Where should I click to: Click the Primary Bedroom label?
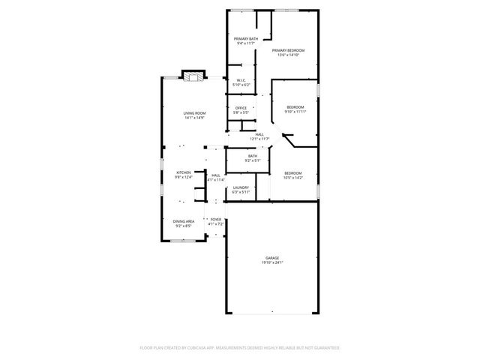(291, 50)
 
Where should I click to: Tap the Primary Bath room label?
(245, 39)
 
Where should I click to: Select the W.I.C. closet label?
(241, 80)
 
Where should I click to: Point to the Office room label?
(241, 108)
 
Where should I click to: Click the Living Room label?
(194, 113)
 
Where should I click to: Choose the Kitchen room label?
(183, 172)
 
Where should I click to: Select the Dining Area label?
(184, 221)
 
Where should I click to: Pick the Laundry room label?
(241, 187)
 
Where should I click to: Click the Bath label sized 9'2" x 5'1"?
(253, 156)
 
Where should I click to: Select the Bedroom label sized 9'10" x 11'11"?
(296, 107)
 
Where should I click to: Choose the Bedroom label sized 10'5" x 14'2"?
(292, 172)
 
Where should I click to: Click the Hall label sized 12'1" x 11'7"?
(259, 134)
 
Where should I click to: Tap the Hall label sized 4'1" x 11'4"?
(215, 175)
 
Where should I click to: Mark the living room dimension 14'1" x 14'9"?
(194, 118)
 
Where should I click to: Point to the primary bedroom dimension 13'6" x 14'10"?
(291, 55)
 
